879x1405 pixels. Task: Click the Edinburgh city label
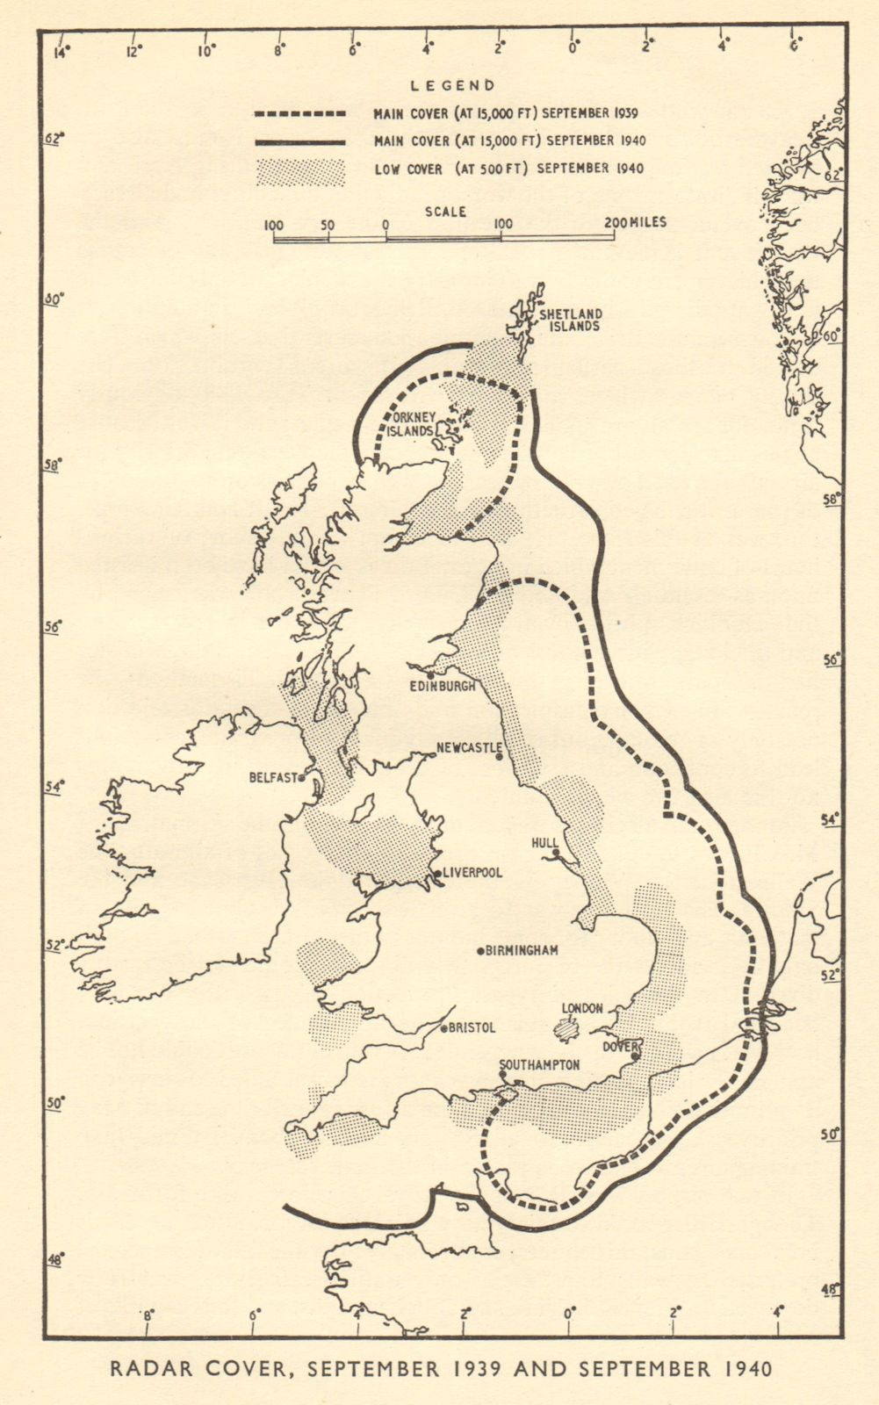tap(443, 686)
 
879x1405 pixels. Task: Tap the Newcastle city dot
tap(499, 756)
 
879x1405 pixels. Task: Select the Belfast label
tap(273, 777)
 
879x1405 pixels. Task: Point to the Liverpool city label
tap(472, 873)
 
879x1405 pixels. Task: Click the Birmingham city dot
tap(481, 950)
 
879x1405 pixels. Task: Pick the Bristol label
tap(472, 1027)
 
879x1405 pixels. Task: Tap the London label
tap(581, 1008)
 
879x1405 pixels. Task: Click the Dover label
tap(617, 1047)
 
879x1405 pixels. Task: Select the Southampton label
tap(539, 1065)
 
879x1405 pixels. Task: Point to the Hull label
tap(544, 842)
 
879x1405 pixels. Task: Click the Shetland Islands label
tap(571, 320)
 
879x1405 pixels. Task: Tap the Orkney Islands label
tap(414, 424)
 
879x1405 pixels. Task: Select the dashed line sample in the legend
tap(300, 113)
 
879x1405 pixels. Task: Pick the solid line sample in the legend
tap(300, 140)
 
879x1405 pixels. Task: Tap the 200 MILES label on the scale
tap(636, 223)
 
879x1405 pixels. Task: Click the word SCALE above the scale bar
tap(446, 212)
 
